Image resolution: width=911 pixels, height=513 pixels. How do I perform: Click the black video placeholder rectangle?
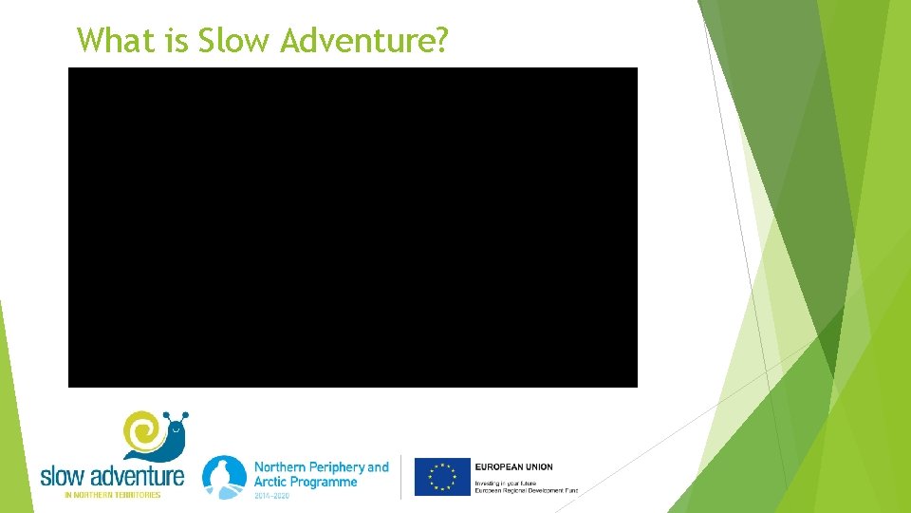pyautogui.click(x=352, y=227)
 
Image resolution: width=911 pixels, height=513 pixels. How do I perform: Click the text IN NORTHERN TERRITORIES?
pyautogui.click(x=112, y=495)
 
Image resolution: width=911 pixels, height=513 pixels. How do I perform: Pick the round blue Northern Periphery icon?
pyautogui.click(x=224, y=476)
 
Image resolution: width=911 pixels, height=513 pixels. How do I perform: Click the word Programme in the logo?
pyautogui.click(x=324, y=483)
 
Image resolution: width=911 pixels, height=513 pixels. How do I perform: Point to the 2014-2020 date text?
pyautogui.click(x=272, y=495)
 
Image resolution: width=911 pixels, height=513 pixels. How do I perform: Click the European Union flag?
pyautogui.click(x=442, y=477)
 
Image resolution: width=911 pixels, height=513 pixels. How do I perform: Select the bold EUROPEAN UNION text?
pyautogui.click(x=513, y=466)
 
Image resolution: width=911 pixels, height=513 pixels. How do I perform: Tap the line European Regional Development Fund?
pyautogui.click(x=526, y=490)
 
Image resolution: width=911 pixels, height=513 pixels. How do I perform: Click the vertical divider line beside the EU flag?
pyautogui.click(x=401, y=477)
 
